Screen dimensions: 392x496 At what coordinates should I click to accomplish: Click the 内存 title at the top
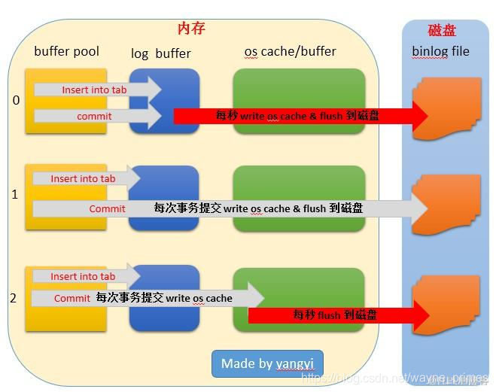(191, 29)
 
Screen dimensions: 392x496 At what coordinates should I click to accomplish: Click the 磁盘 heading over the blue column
(442, 30)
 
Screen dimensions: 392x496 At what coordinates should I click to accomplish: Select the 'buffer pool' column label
(66, 52)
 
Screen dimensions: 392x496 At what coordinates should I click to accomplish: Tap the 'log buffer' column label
(160, 53)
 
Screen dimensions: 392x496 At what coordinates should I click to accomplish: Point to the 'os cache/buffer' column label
(291, 52)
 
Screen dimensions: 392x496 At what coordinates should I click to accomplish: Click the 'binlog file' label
(440, 52)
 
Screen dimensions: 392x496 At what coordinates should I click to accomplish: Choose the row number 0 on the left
(16, 100)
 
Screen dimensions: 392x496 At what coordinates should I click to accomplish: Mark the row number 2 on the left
(13, 298)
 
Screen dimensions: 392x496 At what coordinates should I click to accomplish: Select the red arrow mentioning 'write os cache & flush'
(297, 116)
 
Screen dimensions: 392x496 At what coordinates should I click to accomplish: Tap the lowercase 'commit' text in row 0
(94, 117)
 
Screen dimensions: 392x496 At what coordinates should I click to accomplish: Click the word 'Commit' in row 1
(108, 208)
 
